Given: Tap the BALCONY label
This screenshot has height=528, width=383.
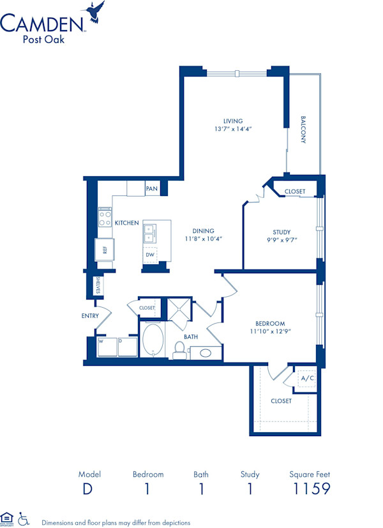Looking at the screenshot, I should tap(303, 130).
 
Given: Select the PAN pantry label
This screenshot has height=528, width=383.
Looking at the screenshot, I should tap(151, 188).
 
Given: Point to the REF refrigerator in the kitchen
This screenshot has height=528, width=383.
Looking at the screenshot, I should tap(104, 250).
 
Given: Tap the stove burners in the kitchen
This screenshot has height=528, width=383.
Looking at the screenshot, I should tap(105, 217).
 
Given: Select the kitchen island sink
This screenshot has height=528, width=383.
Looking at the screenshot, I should tap(149, 233).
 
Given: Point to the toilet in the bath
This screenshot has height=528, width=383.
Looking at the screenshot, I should tap(179, 349).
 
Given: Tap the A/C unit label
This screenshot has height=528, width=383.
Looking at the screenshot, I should tap(307, 379).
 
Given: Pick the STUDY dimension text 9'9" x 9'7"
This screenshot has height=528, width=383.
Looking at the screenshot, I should tap(282, 240).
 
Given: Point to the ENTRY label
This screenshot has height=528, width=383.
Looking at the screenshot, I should tap(89, 316).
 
